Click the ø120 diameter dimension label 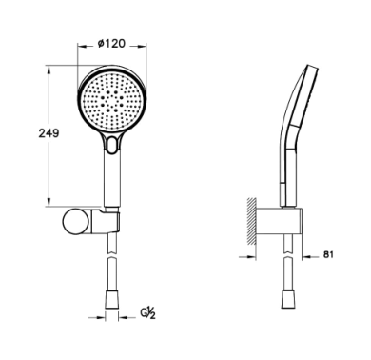[x=111, y=43]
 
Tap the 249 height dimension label [x=49, y=133]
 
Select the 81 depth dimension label [x=328, y=254]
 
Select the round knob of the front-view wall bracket [x=76, y=222]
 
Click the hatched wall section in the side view [x=252, y=221]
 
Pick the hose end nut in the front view [x=111, y=299]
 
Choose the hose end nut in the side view [x=288, y=299]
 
